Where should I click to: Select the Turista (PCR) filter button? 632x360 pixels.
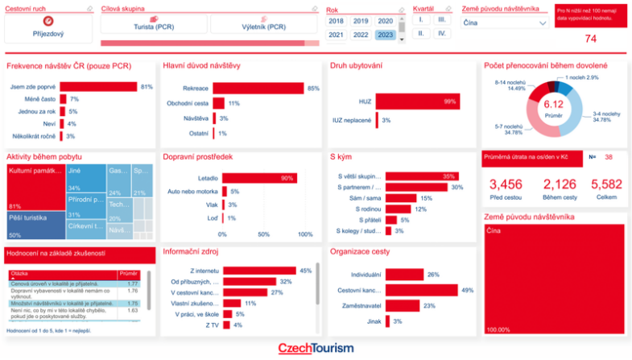click(x=153, y=27)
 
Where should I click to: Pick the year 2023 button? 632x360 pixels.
click(x=385, y=35)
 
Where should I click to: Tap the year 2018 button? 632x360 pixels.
click(x=337, y=21)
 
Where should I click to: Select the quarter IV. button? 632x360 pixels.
click(x=442, y=34)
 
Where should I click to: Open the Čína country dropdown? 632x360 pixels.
click(x=506, y=23)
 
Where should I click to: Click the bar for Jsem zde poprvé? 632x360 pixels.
click(x=97, y=86)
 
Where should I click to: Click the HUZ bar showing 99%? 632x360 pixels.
click(x=415, y=101)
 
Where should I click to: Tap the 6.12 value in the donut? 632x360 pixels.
click(x=553, y=104)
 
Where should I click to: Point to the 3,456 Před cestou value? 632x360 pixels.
click(x=506, y=184)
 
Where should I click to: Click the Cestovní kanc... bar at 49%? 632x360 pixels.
click(x=421, y=290)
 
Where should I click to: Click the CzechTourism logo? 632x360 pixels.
click(x=316, y=348)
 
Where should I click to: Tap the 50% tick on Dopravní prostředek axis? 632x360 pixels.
click(x=263, y=234)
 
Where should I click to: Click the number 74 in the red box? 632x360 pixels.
click(x=590, y=39)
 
